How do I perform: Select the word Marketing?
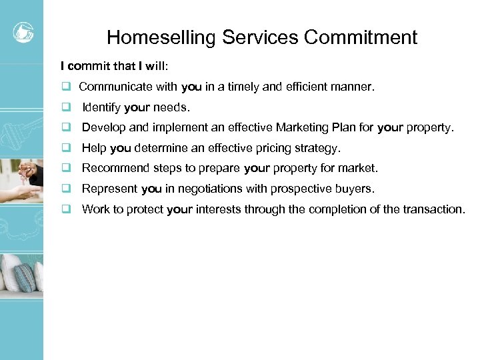[309, 127]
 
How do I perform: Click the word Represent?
[109, 189]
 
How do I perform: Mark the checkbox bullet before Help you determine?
[67, 148]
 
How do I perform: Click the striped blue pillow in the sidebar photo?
[25, 277]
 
